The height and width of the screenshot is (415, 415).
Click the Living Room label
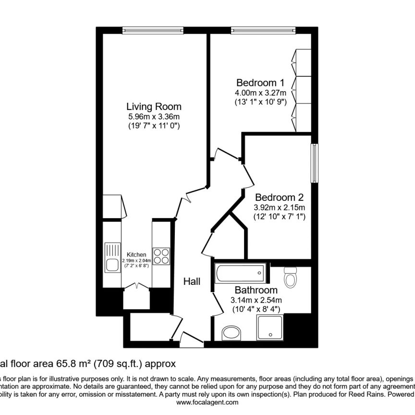pyautogui.click(x=154, y=107)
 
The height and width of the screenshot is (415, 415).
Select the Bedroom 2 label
pyautogui.click(x=279, y=197)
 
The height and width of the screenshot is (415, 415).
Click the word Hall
pyautogui.click(x=192, y=281)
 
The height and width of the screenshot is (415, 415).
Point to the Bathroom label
pyautogui.click(x=256, y=290)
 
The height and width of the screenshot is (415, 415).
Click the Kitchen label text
pyautogui.click(x=136, y=255)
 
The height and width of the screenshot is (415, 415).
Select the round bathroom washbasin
pyautogui.click(x=233, y=333)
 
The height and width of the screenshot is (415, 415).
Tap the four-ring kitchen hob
pyautogui.click(x=161, y=256)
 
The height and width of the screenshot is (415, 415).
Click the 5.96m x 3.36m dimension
pyautogui.click(x=154, y=117)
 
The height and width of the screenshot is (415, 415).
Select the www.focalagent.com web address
pyautogui.click(x=207, y=404)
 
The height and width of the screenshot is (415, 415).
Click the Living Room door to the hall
pyautogui.click(x=184, y=201)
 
